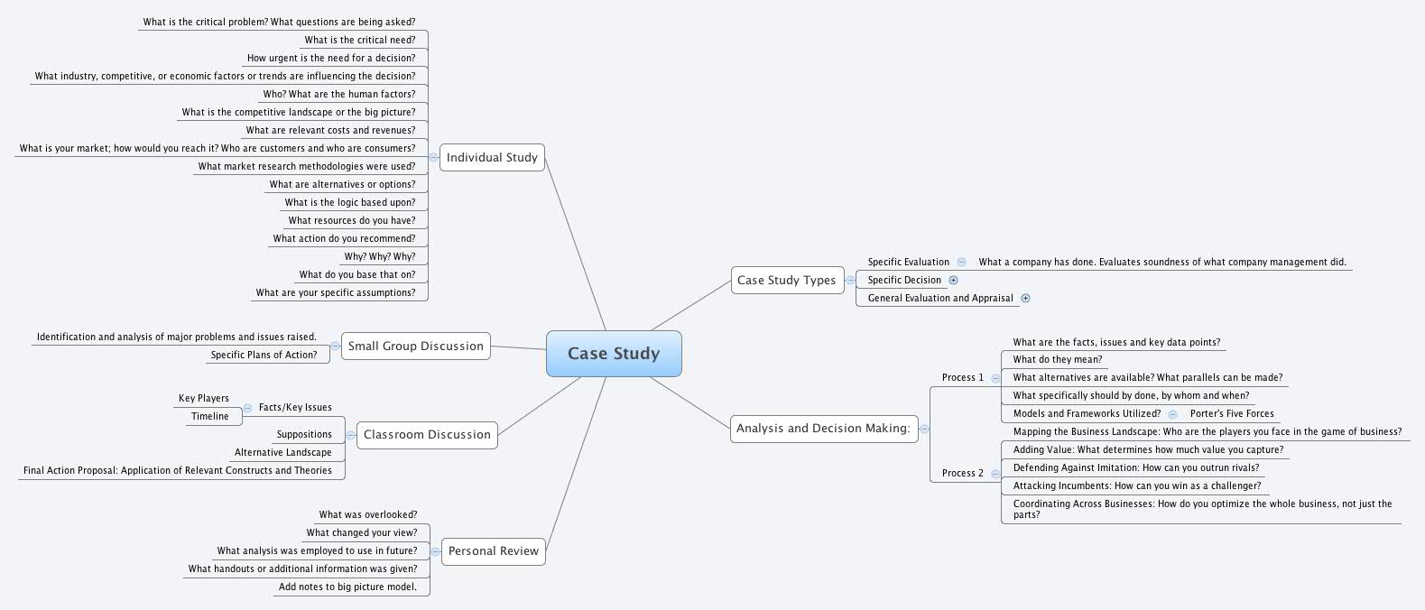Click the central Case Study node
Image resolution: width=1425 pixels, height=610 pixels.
(614, 354)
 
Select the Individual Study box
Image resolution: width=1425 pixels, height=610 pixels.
(492, 157)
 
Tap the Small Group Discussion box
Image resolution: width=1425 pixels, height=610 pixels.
(415, 346)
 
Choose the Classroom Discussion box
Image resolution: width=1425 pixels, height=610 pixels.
(427, 434)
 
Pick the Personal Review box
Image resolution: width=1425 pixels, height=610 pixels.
(493, 550)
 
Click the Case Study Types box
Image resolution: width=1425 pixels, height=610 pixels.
(786, 280)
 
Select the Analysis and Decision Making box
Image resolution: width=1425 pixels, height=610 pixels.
(823, 428)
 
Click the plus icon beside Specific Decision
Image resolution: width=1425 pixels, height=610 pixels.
(954, 280)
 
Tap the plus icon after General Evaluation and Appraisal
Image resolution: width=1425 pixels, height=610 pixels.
(1025, 298)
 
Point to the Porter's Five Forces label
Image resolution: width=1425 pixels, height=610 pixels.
(1232, 413)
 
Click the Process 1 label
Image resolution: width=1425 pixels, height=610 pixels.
(962, 377)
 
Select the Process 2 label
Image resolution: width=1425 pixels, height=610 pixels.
(962, 473)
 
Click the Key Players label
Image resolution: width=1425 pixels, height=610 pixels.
(204, 398)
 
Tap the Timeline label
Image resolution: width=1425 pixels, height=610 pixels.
(209, 416)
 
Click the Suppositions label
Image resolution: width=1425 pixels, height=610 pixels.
(304, 434)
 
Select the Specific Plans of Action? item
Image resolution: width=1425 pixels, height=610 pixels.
(264, 355)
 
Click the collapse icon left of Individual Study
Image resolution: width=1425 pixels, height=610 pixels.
(434, 157)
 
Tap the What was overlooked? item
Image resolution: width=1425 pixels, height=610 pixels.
(367, 514)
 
